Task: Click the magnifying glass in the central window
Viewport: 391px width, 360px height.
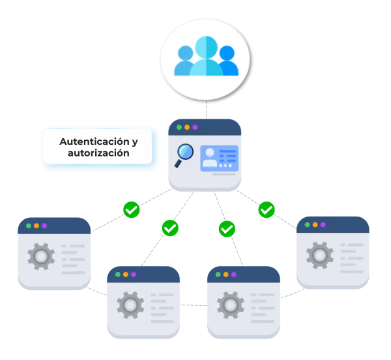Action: (184, 153)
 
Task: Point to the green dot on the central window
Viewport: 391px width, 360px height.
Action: (179, 127)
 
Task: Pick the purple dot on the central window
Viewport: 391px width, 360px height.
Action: (195, 127)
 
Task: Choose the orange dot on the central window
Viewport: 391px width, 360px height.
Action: (187, 127)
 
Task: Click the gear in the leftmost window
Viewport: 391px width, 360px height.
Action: (40, 256)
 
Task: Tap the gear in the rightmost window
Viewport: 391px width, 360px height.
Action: (320, 255)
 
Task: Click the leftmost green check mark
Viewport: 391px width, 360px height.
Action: (132, 210)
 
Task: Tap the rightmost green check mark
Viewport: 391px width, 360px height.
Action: (267, 210)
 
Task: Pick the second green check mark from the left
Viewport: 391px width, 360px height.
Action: (170, 228)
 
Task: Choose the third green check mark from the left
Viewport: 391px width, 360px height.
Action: (227, 229)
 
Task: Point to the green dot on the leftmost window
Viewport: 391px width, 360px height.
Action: (28, 226)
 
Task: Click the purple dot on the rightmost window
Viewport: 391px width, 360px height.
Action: (324, 224)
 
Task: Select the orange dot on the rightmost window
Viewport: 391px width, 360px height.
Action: (315, 224)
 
